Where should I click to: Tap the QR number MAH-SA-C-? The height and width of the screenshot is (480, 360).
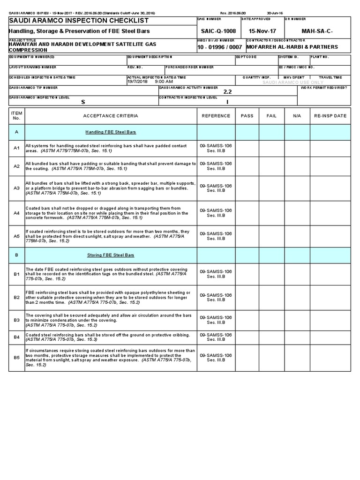322,30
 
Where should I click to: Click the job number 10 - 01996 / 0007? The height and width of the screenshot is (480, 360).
220,47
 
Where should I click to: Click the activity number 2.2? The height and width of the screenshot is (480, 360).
228,92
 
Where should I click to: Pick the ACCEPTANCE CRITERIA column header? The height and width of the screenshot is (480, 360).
111,116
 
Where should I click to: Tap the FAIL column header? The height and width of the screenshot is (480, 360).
271,116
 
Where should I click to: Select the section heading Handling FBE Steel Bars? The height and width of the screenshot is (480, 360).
111,132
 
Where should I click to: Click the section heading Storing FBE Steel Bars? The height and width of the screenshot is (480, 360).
111,255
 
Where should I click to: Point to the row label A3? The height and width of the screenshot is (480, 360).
16,188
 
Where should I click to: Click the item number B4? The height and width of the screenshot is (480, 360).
16,337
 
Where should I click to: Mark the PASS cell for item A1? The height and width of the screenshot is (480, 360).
246,148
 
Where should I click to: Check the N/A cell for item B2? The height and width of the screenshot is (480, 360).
297,297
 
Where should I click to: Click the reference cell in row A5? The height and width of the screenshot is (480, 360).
216,236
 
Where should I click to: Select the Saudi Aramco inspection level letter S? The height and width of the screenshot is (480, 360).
83,101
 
